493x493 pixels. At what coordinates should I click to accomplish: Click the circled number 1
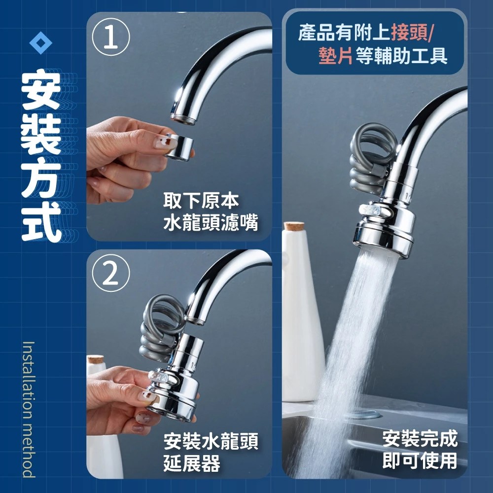pyautogui.click(x=110, y=37)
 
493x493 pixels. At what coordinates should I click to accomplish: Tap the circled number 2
pyautogui.click(x=110, y=273)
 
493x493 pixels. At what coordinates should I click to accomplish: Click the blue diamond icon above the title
pyautogui.click(x=40, y=43)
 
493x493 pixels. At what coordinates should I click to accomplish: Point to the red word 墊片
pyautogui.click(x=335, y=56)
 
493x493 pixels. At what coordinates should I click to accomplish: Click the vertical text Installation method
pyautogui.click(x=29, y=409)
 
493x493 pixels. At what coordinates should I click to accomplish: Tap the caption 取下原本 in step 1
pyautogui.click(x=201, y=200)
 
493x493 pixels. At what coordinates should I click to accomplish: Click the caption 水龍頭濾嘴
pyautogui.click(x=211, y=222)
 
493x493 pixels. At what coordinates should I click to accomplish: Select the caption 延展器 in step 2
pyautogui.click(x=191, y=463)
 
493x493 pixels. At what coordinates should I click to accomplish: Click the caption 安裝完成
pyautogui.click(x=420, y=439)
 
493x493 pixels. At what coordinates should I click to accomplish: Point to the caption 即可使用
pyautogui.click(x=420, y=460)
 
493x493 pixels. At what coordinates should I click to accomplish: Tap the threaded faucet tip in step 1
pyautogui.click(x=183, y=120)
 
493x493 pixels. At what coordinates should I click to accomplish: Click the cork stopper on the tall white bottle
pyautogui.click(x=294, y=226)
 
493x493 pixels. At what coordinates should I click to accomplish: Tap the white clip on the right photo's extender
pyautogui.click(x=375, y=211)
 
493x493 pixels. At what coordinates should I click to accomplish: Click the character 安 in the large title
pyautogui.click(x=41, y=90)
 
